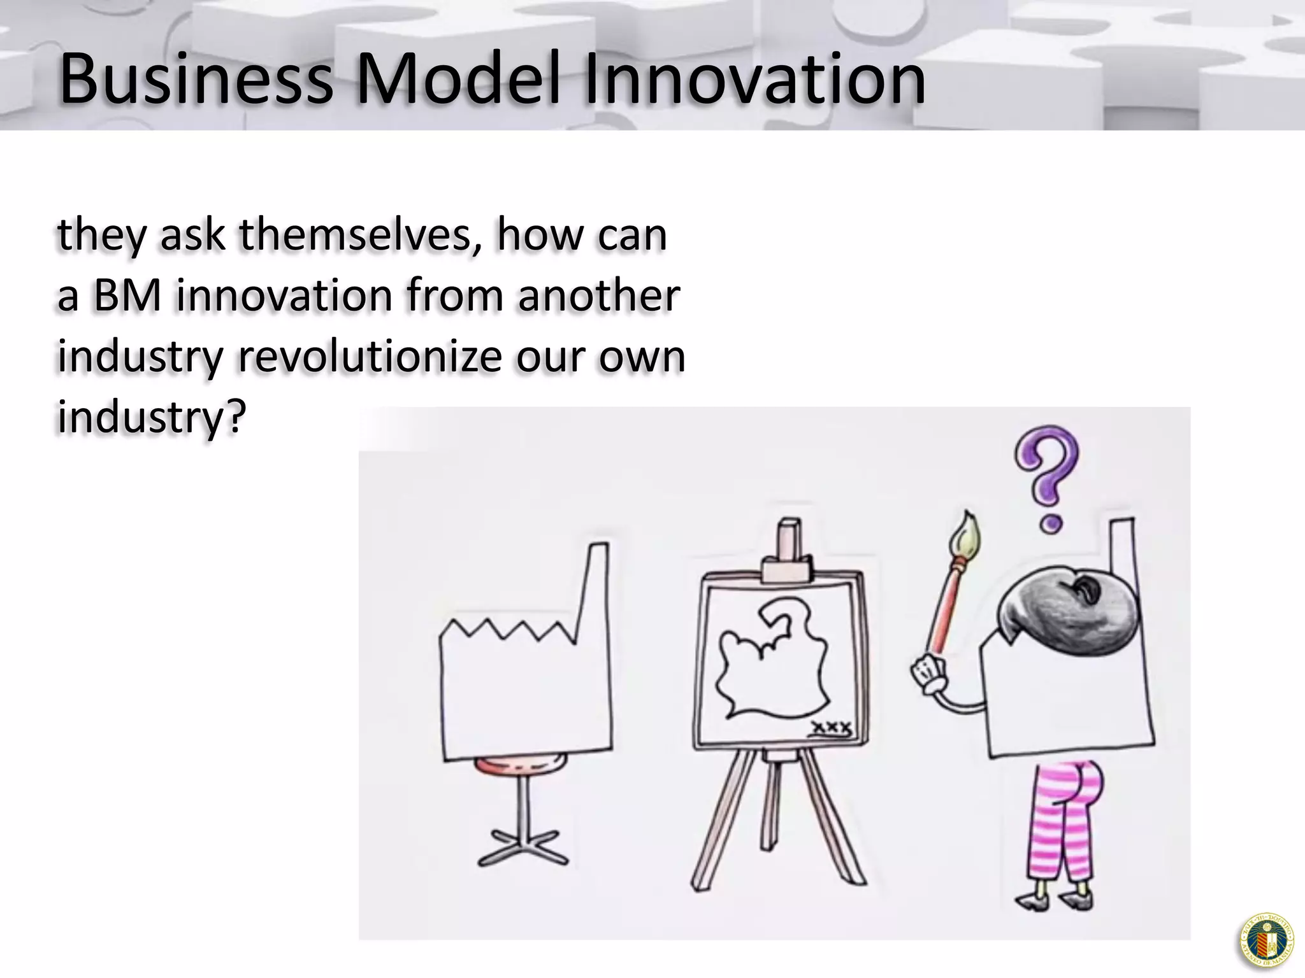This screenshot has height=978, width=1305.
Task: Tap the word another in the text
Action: [x=599, y=296]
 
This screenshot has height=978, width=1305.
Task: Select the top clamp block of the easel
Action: [x=788, y=567]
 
